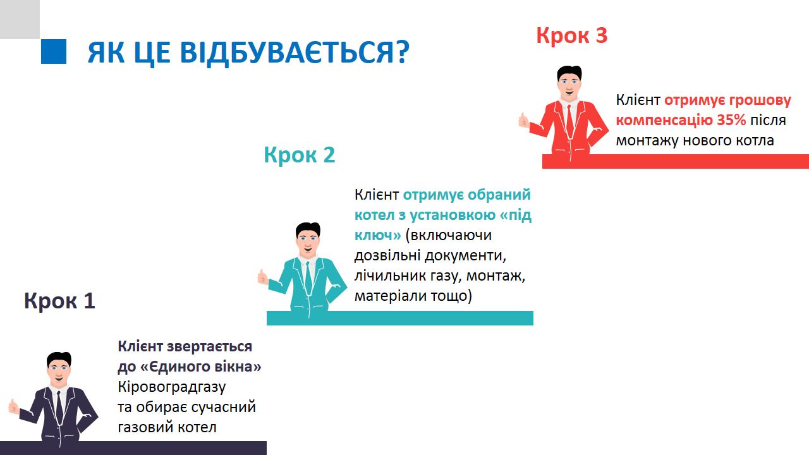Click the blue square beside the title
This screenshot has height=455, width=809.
pyautogui.click(x=54, y=51)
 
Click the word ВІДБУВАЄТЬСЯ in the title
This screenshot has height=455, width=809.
pyautogui.click(x=295, y=52)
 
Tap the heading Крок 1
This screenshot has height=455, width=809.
pyautogui.click(x=59, y=300)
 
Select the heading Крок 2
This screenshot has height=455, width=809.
pyautogui.click(x=300, y=155)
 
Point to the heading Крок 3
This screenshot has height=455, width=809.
pyautogui.click(x=572, y=35)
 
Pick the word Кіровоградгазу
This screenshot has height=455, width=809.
pyautogui.click(x=171, y=387)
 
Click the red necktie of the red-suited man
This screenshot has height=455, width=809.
pyautogui.click(x=569, y=121)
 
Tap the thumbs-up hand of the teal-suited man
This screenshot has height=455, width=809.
pyautogui.click(x=262, y=277)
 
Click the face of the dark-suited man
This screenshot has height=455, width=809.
pyautogui.click(x=59, y=372)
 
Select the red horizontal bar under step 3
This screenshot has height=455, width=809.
pyautogui.click(x=676, y=161)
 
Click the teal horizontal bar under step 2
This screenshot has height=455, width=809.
pyautogui.click(x=400, y=318)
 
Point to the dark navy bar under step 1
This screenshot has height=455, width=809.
pyautogui.click(x=133, y=448)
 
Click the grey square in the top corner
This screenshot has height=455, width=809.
pyautogui.click(x=20, y=20)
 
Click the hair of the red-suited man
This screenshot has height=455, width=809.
pyautogui.click(x=569, y=72)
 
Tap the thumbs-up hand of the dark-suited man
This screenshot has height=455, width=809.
pyautogui.click(x=14, y=406)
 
